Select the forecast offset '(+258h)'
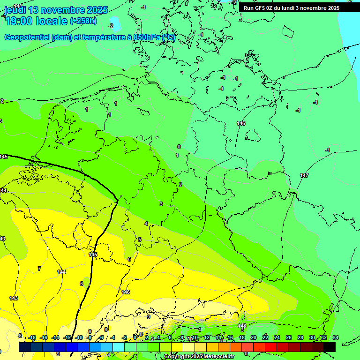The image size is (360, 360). click(x=83, y=21)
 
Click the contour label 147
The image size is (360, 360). click(x=304, y=175)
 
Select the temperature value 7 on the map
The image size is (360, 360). click(x=39, y=269)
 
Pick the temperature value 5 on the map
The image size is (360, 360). click(x=139, y=240)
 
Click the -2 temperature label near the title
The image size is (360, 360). click(x=111, y=26)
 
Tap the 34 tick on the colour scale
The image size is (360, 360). click(x=336, y=337)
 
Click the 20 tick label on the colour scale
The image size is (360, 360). click(x=254, y=337)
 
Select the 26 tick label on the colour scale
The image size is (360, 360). click(x=289, y=337)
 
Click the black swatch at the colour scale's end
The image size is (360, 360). click(x=330, y=347)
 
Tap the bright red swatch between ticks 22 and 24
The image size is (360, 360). click(x=271, y=347)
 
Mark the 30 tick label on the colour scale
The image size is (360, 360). click(x=312, y=337)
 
